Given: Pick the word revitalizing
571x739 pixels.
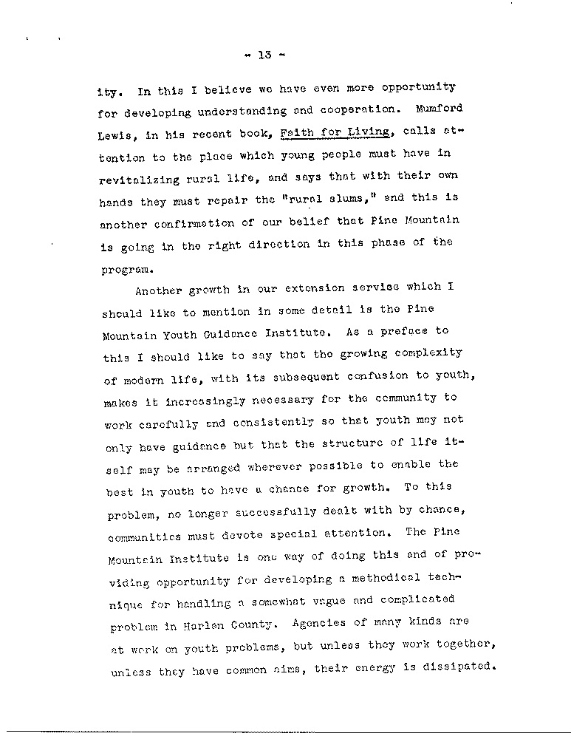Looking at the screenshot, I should (136, 180).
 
